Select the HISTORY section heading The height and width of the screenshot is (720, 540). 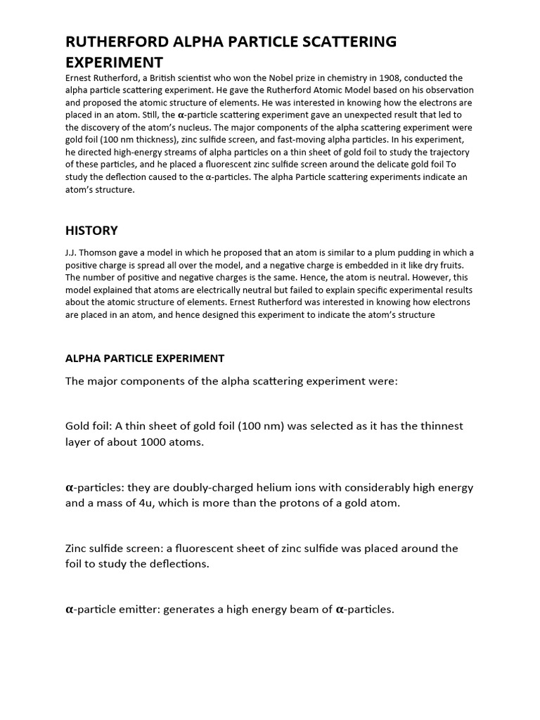91,231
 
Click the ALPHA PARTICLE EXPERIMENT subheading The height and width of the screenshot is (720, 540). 145,358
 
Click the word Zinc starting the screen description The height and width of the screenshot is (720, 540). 77,548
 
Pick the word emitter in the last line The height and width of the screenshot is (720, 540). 140,610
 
